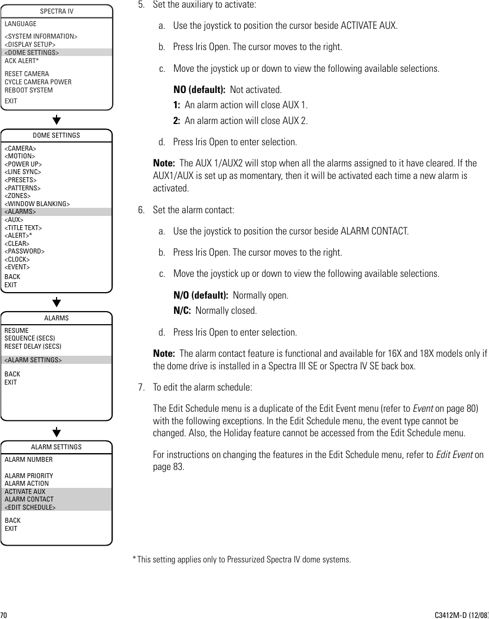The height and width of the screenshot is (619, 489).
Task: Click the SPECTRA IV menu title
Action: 57,11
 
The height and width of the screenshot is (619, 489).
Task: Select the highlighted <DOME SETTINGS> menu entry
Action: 32,53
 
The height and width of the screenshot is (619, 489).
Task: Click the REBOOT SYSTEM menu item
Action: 29,90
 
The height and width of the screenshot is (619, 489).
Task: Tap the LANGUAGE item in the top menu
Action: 21,24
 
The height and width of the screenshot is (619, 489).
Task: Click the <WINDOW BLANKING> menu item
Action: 37,204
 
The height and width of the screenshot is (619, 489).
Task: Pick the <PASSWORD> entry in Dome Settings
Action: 24,251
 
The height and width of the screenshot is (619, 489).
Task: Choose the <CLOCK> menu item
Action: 17,259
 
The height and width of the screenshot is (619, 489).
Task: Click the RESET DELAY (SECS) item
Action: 33,346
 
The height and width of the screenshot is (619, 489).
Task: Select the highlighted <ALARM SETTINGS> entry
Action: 33,360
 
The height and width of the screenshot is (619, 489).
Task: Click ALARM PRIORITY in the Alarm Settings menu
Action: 29,476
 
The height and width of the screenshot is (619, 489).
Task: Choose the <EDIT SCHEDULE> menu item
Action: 30,507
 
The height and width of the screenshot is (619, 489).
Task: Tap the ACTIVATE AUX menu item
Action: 25,492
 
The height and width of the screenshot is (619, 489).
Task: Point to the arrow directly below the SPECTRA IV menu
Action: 57,120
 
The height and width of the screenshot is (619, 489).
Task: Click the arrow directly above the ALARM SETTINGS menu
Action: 57,432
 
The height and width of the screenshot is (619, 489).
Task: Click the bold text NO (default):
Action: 199,89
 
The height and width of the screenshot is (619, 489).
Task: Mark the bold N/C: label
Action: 182,311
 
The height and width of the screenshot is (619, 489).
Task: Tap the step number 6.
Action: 141,210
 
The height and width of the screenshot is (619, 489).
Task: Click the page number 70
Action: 4,615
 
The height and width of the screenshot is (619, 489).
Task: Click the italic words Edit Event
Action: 454,455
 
